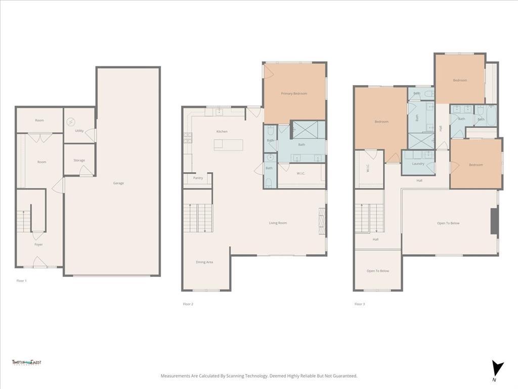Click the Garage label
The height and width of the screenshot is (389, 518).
118,183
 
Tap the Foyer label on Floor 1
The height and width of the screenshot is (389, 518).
38,245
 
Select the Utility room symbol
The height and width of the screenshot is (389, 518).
71,122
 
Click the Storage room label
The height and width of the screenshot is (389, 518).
79,161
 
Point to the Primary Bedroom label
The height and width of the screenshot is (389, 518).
294,94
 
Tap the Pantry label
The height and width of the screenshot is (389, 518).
198,178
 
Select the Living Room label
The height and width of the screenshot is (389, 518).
278,223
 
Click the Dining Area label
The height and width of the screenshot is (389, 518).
204,262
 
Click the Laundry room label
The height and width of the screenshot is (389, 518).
418,164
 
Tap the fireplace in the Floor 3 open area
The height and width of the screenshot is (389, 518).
495,220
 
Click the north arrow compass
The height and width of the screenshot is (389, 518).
498,368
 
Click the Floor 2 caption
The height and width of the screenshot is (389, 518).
188,304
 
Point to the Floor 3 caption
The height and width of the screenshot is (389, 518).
359,304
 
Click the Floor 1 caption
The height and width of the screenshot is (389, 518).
21,280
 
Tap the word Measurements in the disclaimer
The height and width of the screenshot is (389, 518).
175,376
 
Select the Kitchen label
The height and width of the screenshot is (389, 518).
222,132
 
